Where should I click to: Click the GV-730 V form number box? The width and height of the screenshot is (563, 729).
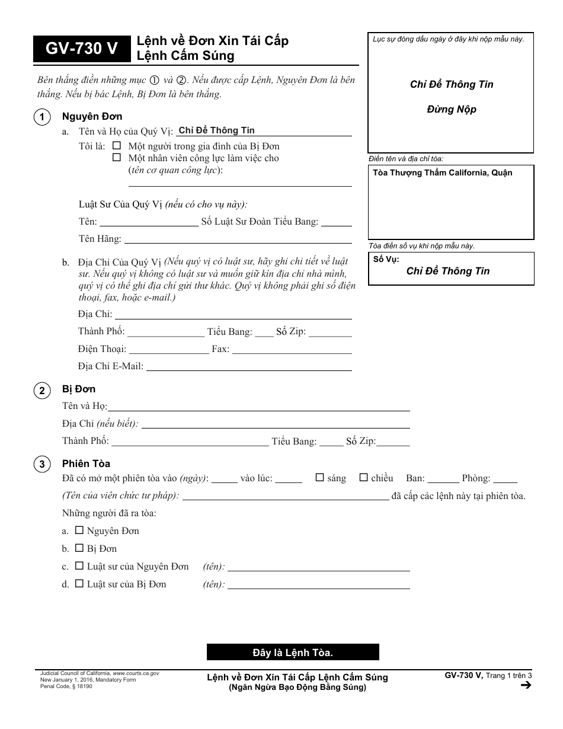[82, 50]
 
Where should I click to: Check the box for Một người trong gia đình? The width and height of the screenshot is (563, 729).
[117, 146]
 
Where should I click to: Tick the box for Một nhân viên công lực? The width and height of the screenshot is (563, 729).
[117, 158]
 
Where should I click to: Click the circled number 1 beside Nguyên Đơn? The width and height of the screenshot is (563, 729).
[41, 117]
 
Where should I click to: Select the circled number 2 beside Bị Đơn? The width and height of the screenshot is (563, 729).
[41, 390]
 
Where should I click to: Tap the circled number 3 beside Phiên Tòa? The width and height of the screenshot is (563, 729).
[41, 464]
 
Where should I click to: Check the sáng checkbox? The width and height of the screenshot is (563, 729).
[320, 478]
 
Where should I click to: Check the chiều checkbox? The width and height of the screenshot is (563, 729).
[364, 478]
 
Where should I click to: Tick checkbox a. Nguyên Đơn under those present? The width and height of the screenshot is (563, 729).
[79, 530]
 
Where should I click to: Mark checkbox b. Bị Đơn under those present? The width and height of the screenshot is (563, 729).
[79, 548]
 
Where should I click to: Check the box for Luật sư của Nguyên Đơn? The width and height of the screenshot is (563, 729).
[79, 566]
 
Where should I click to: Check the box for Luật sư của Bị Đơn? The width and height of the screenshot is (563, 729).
[79, 584]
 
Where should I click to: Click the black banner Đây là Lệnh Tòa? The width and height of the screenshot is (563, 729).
[293, 653]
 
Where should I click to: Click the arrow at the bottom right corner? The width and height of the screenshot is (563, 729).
[524, 686]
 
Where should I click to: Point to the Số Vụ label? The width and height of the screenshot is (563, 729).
[386, 260]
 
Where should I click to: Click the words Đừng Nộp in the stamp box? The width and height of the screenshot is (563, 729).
[452, 109]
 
